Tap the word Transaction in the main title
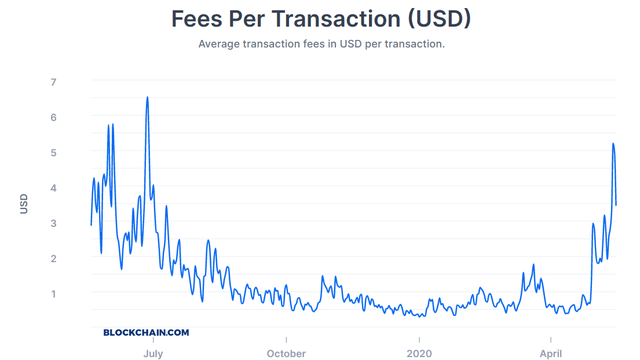click(x=336, y=19)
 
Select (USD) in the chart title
click(x=439, y=19)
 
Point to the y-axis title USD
click(x=24, y=204)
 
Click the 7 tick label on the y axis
click(x=53, y=82)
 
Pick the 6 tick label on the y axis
click(x=53, y=117)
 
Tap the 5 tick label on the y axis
click(x=53, y=153)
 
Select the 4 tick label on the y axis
click(x=53, y=188)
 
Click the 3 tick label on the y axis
click(x=53, y=223)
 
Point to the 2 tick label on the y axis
click(x=53, y=259)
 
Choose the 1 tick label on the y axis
click(x=53, y=294)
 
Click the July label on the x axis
click(x=153, y=354)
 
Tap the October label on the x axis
click(x=286, y=354)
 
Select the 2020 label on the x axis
click(x=419, y=354)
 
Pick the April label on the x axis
click(x=550, y=354)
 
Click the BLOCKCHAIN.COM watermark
click(x=146, y=333)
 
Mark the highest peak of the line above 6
click(x=147, y=97)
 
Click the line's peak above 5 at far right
click(x=613, y=144)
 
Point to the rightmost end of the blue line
click(x=616, y=205)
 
